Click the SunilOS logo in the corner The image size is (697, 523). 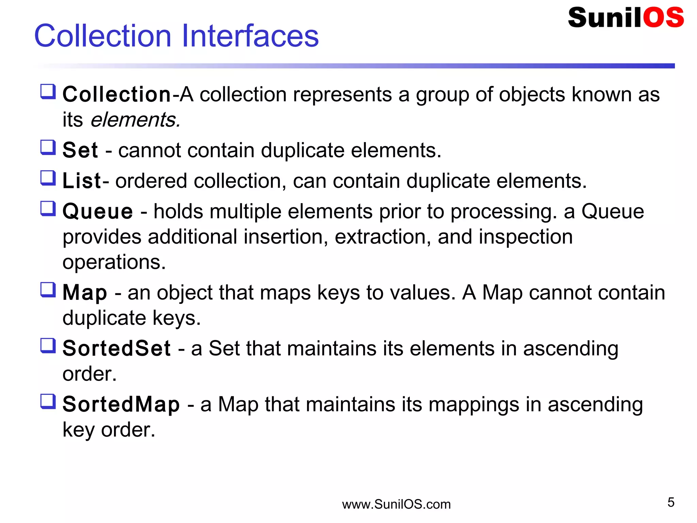click(626, 18)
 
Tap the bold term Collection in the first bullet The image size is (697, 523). click(117, 94)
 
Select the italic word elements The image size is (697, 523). click(135, 120)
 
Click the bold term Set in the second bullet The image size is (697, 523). click(80, 150)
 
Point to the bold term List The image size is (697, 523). click(82, 181)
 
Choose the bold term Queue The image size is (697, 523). click(98, 211)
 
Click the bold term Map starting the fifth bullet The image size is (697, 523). click(85, 293)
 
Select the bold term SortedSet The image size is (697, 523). click(116, 349)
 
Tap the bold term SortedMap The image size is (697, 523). click(121, 404)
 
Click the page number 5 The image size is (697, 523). click(671, 503)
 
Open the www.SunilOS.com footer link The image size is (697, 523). click(396, 504)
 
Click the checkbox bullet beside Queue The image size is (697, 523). click(48, 208)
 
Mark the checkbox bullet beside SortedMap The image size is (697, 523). click(48, 401)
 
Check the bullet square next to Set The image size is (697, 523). click(48, 148)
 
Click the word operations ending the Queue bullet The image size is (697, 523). click(114, 262)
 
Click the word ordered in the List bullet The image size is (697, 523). click(151, 181)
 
